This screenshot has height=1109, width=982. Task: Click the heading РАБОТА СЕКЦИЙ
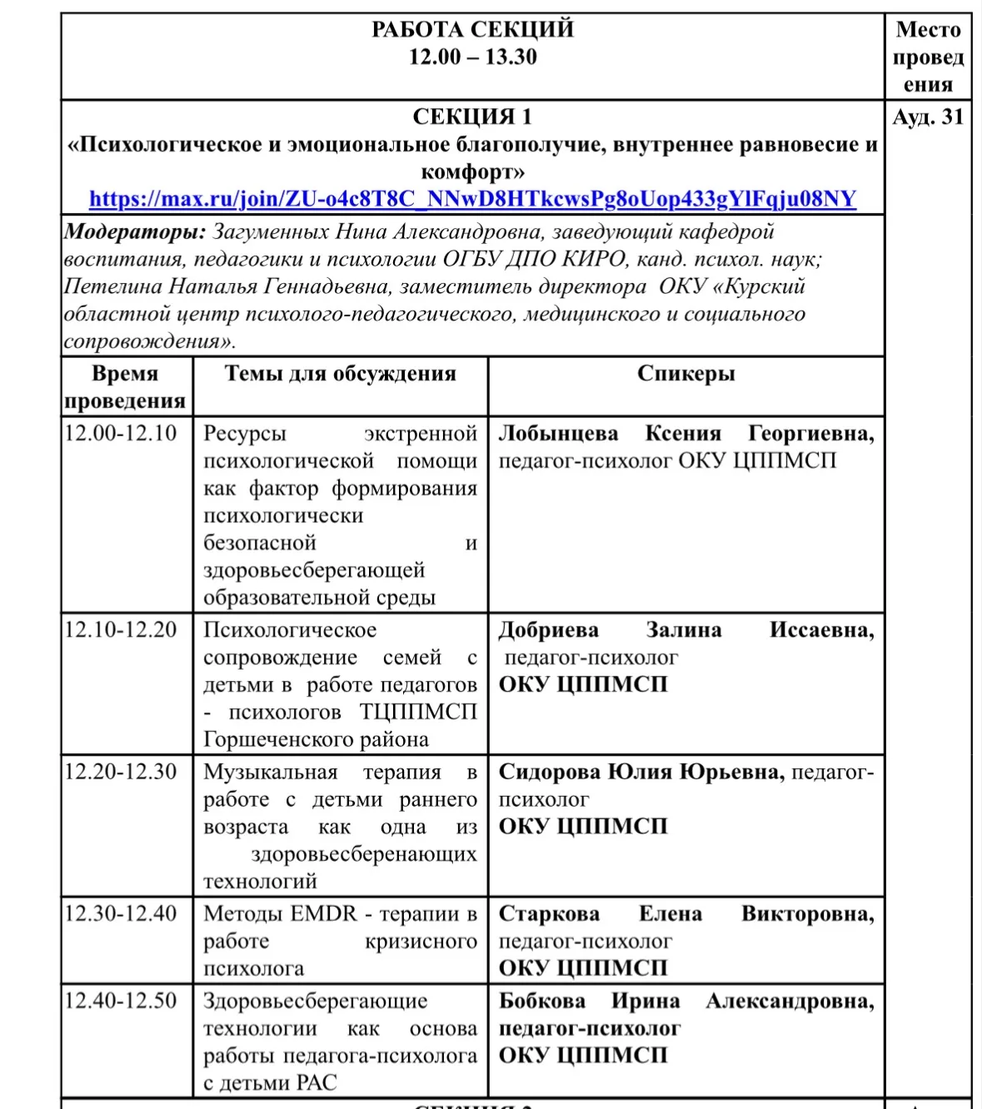click(472, 30)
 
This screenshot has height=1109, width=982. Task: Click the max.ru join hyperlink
click(472, 200)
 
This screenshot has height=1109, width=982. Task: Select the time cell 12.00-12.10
click(121, 433)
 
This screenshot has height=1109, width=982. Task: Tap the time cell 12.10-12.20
click(121, 629)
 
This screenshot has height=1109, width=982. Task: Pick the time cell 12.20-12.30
click(121, 772)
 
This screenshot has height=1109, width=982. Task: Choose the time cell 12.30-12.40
click(121, 913)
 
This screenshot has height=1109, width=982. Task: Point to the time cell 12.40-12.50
click(121, 1001)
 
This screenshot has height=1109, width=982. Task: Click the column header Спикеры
click(685, 374)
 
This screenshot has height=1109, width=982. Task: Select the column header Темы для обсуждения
click(340, 374)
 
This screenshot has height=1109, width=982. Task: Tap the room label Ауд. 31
click(928, 117)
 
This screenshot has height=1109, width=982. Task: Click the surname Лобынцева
click(558, 434)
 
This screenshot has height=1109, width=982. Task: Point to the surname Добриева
click(548, 630)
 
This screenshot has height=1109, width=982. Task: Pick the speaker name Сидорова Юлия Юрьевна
click(641, 773)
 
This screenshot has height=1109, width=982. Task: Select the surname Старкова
click(549, 914)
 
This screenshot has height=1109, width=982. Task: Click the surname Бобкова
click(541, 1002)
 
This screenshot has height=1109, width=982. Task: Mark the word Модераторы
click(135, 232)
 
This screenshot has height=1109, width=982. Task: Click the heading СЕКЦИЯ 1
click(472, 117)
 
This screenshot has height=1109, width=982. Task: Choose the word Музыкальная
click(271, 773)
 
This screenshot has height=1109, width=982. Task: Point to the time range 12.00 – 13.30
click(472, 57)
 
